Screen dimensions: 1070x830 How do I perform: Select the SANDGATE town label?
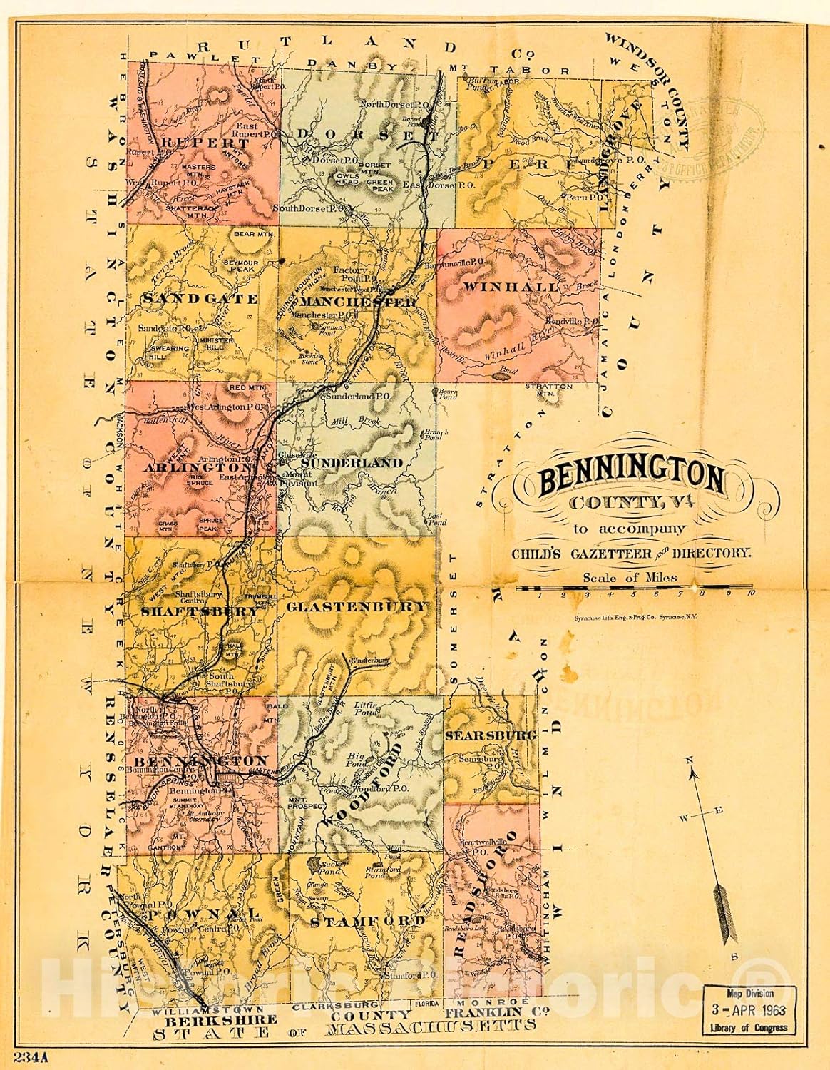(200, 299)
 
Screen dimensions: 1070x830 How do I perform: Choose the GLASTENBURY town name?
(357, 606)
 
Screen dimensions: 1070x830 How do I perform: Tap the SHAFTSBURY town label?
(199, 611)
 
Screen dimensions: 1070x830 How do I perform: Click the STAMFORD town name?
(367, 922)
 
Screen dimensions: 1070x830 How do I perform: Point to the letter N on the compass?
(690, 761)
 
